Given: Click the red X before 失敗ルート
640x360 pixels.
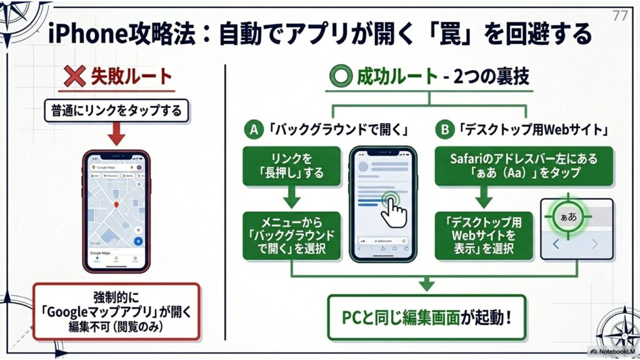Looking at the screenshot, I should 76,77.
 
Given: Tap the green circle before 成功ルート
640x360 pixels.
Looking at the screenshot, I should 341,77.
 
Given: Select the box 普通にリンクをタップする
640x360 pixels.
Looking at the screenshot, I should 116,112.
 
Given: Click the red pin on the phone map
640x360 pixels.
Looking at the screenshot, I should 116,205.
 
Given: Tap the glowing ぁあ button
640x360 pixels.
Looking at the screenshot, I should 567,217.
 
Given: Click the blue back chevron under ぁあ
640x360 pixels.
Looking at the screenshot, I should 556,244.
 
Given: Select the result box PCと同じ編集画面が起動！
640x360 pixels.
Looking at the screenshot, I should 426,316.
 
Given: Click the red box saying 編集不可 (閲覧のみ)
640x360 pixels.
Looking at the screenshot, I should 116,311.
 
